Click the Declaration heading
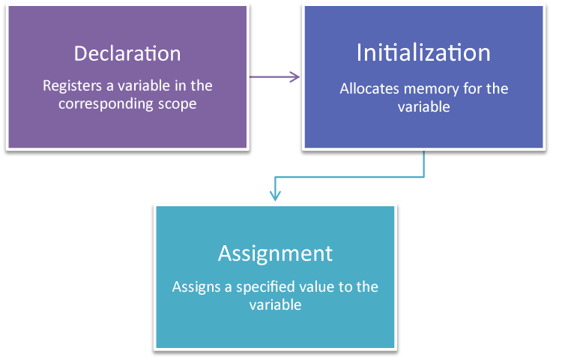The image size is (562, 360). [127, 54]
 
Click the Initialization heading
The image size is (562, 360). [423, 52]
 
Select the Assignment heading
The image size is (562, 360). [275, 253]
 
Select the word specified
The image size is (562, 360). [268, 286]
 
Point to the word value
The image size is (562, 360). [322, 286]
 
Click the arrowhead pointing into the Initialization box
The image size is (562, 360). [296, 76]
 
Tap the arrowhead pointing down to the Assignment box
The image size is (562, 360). [275, 196]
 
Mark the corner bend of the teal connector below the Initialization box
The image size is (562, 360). [424, 178]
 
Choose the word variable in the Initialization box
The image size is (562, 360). [423, 106]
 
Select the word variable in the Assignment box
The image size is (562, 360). [275, 304]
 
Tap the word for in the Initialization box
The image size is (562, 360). [471, 88]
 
